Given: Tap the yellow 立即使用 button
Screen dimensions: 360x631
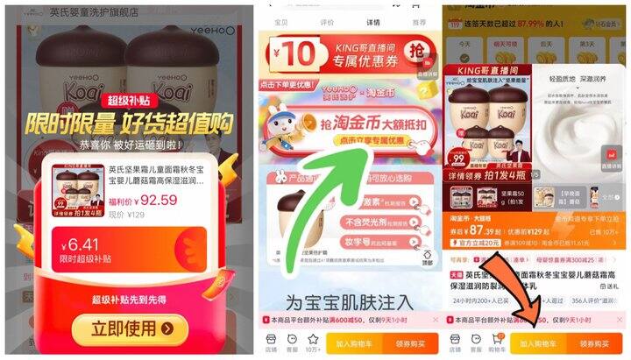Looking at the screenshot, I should tap(127, 328).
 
